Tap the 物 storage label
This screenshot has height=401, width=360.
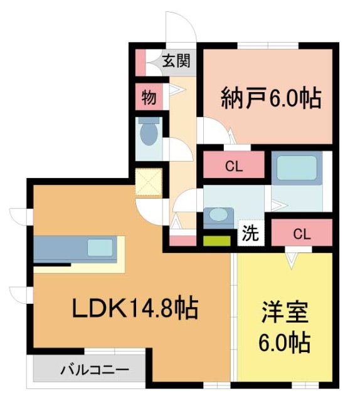149,97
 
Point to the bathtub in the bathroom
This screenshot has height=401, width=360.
297,168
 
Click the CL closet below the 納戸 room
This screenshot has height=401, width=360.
234,167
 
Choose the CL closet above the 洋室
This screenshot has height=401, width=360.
302,234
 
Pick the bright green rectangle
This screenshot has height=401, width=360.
216,239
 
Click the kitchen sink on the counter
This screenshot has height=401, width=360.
100,247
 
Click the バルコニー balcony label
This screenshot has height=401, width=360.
95,369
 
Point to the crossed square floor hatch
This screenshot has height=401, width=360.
149,183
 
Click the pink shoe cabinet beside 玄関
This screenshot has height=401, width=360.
140,61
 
